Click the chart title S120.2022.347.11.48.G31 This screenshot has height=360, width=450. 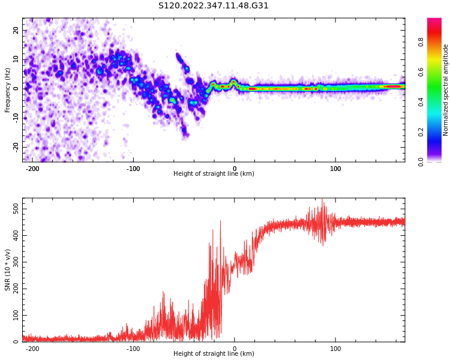(x=213, y=6)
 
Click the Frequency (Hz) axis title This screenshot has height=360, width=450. (x=8, y=90)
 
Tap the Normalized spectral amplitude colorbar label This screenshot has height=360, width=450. (x=446, y=90)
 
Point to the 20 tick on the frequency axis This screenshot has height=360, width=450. (x=16, y=30)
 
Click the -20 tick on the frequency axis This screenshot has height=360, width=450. (x=15, y=146)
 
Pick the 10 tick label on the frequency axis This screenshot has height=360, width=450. (x=16, y=59)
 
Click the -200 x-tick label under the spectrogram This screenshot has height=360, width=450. (x=32, y=169)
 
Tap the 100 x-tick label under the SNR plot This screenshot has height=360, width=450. (x=335, y=349)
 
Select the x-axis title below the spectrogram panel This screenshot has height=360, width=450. (x=214, y=174)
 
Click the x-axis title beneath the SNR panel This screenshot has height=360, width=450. (x=214, y=354)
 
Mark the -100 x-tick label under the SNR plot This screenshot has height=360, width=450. (x=133, y=349)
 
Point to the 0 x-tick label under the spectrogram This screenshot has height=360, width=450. (x=235, y=169)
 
